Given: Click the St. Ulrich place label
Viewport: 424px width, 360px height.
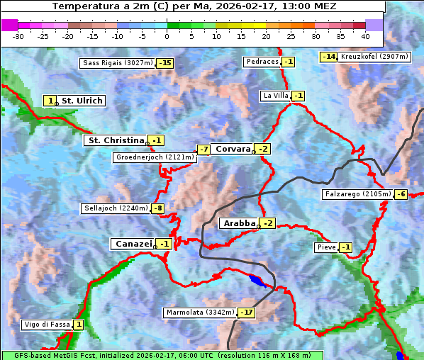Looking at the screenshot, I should tap(82, 101).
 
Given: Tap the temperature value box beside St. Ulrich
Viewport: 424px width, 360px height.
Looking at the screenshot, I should tap(50, 101).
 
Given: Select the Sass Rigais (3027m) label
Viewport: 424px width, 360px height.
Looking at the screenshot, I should tap(116, 63).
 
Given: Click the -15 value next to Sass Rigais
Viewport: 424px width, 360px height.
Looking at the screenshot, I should tap(164, 63).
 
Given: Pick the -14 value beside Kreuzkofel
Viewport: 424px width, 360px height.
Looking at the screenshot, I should tap(328, 57).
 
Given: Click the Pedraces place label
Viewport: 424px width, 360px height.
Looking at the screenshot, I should tap(262, 62).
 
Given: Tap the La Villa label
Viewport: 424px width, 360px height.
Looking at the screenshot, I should tap(275, 96).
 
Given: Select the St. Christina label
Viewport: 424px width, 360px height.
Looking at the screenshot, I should tap(115, 140).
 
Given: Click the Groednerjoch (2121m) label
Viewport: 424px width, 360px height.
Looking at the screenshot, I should tap(155, 157).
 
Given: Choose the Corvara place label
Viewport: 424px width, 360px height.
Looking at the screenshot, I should tap(233, 149).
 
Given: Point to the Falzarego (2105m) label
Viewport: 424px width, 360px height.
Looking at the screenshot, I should tap(357, 194).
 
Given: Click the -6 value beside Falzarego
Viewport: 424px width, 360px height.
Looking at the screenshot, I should tap(401, 194).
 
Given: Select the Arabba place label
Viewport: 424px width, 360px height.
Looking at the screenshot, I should tap(238, 223).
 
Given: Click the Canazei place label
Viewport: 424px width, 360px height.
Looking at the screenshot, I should tap(132, 244).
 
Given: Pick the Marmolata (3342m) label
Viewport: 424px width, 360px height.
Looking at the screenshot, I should tap(199, 313).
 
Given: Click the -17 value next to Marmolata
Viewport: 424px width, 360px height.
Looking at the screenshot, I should tap(246, 313).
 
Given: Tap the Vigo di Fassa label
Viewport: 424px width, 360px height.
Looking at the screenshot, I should tap(47, 325).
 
